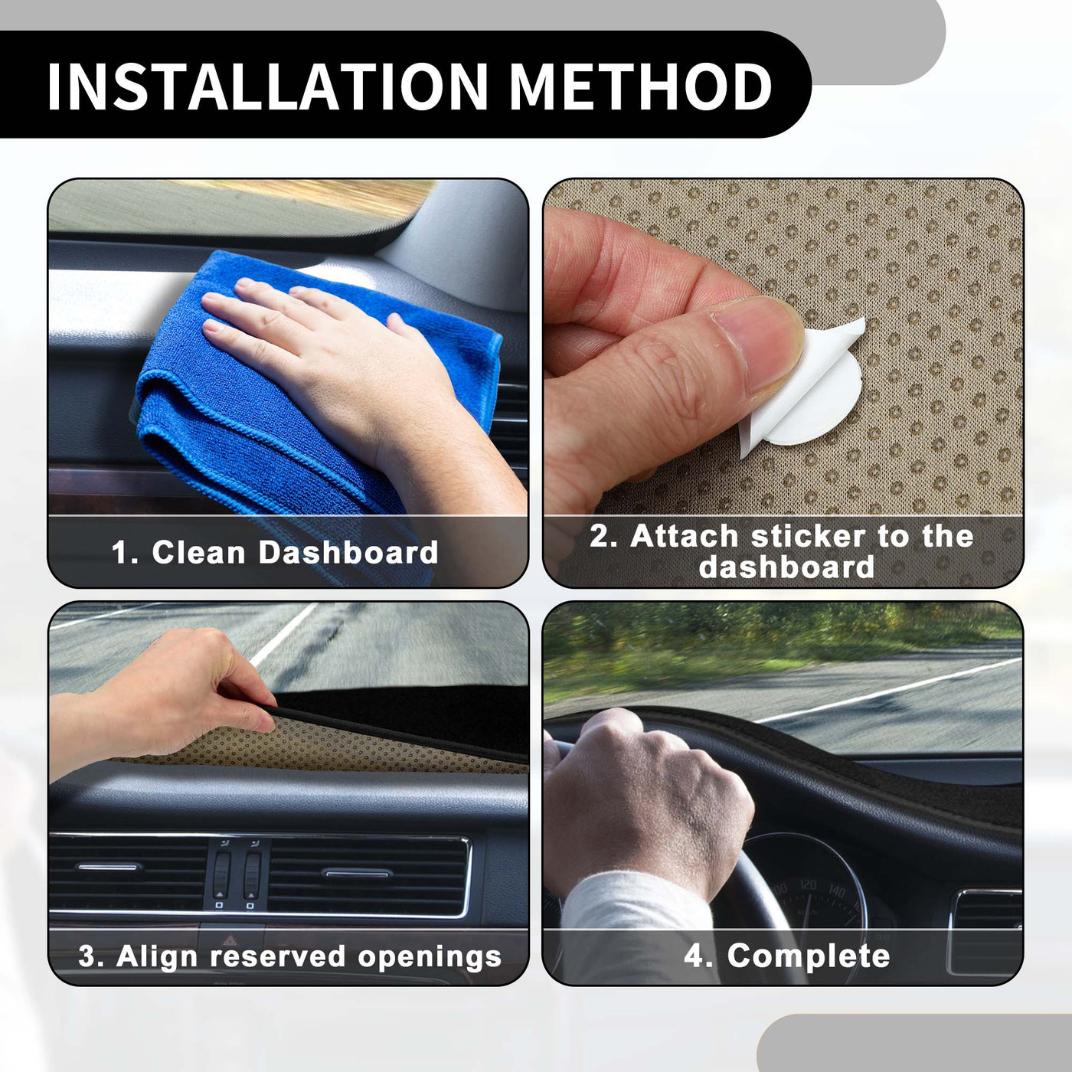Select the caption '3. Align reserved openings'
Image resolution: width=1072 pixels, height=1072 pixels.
tap(290, 957)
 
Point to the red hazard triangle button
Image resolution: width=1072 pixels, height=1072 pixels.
tap(229, 940)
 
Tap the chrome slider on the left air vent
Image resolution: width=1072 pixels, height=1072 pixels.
tap(109, 867)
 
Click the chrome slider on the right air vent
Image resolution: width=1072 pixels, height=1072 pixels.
tap(357, 874)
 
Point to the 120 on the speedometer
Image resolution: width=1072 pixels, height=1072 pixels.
tap(808, 884)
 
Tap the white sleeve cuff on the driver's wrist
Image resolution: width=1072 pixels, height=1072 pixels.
tap(629, 912)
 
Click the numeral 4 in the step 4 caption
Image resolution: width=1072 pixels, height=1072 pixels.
tap(693, 956)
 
